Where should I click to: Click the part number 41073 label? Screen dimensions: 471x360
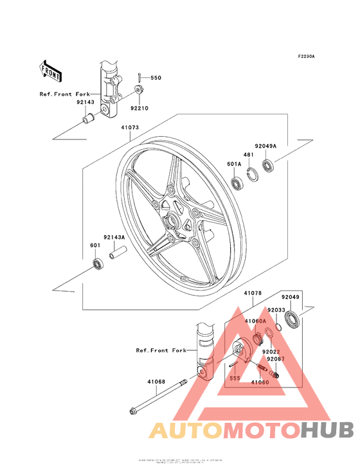coord(129,127)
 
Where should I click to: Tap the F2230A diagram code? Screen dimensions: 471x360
coord(307,57)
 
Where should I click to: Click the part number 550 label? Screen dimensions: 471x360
coord(156,78)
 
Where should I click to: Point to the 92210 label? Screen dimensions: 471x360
coord(139,108)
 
